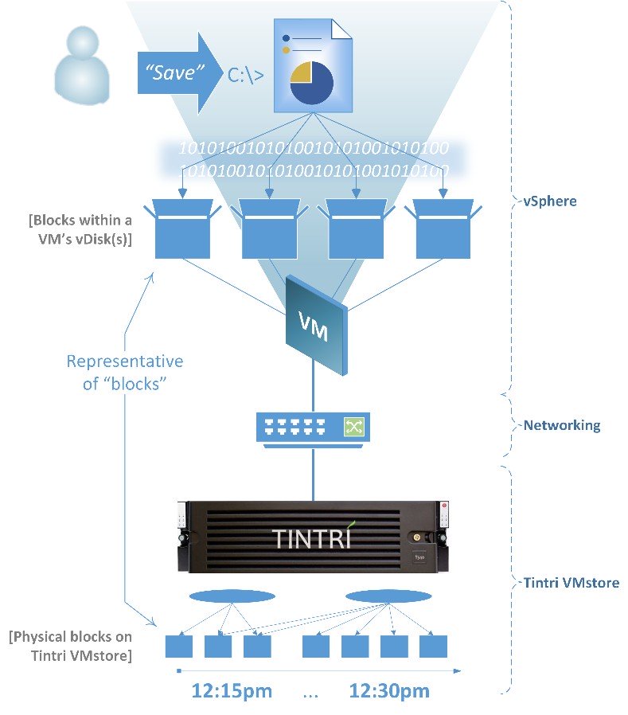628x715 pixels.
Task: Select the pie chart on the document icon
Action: [311, 83]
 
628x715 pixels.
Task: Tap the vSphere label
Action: [550, 201]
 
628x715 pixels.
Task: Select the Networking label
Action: [562, 425]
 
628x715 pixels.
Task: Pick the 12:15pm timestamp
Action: [232, 690]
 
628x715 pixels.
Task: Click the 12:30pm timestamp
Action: [389, 690]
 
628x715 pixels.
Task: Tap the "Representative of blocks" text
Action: [124, 372]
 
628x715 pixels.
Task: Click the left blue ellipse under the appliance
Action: [232, 596]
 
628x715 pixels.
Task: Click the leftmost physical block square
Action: [179, 645]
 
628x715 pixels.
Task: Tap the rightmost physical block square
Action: [433, 645]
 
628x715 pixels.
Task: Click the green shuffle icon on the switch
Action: [353, 428]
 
